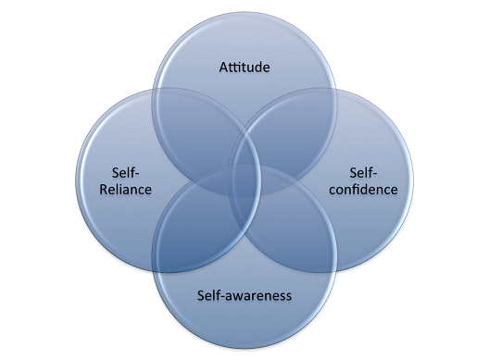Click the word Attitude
pos(244,68)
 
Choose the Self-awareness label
pos(244,296)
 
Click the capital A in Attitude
pos(224,68)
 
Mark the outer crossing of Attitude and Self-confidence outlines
pos(332,90)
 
